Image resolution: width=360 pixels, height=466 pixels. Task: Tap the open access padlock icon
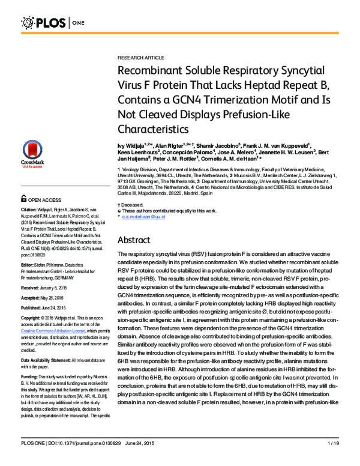24,198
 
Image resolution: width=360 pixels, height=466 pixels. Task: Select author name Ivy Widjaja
131,146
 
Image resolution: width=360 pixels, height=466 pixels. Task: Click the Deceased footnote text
133,205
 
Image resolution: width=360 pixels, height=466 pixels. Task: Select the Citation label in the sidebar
31,210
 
